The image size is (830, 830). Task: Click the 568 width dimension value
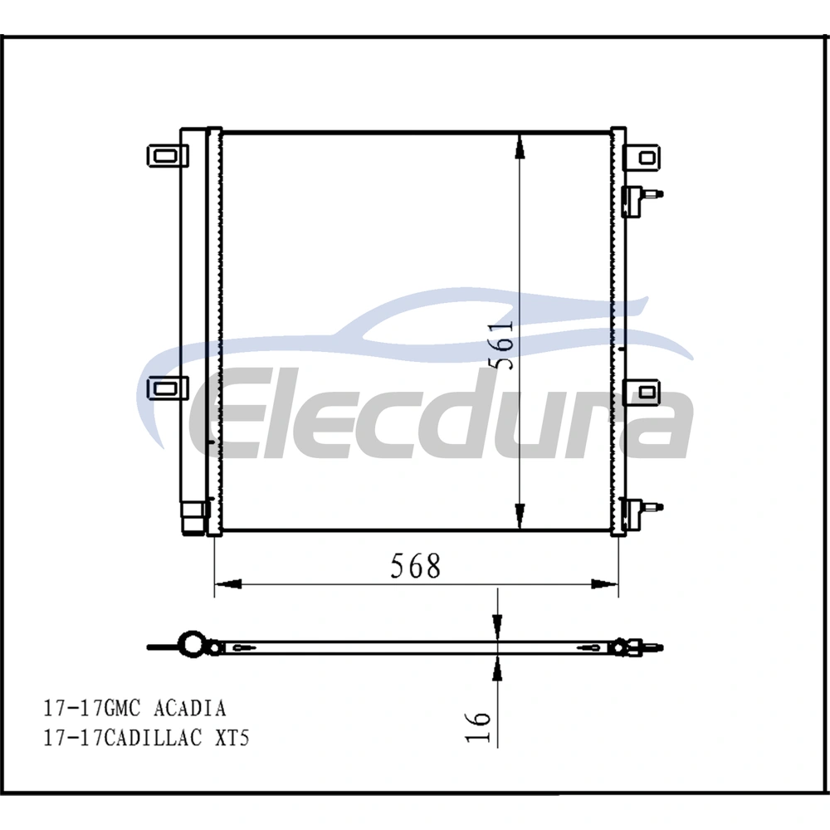(416, 566)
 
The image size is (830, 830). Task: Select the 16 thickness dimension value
(479, 726)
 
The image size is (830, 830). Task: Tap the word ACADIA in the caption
(189, 708)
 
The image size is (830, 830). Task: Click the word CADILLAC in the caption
(152, 737)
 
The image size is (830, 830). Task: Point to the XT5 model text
(232, 737)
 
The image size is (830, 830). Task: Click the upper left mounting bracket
(168, 156)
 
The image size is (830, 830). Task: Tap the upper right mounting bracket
(642, 157)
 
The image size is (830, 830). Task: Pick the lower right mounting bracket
(641, 393)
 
